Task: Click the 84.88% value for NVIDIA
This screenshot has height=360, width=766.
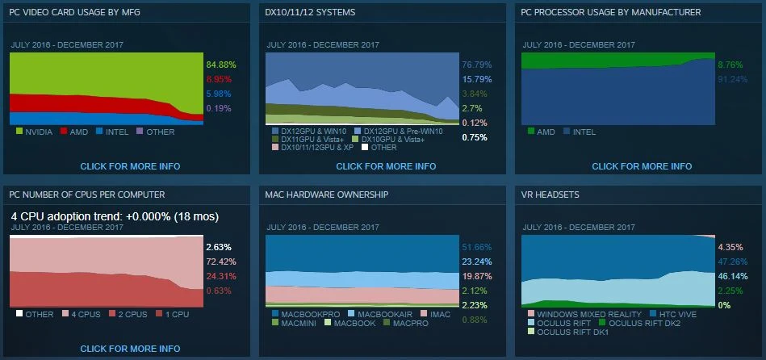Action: coord(219,65)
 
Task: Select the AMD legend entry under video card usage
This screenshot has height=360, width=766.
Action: coord(75,131)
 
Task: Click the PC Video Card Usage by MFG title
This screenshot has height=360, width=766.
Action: coord(66,13)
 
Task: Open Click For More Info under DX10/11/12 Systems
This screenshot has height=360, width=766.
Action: coord(386,166)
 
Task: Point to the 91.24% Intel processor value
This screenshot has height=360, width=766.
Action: coord(730,79)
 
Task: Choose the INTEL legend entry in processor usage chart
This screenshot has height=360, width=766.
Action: coord(583,131)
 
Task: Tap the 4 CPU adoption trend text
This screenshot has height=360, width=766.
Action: coord(115,216)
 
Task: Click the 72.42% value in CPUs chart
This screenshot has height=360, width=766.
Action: coord(220,262)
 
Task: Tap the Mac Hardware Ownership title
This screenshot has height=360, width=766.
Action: coord(327,195)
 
